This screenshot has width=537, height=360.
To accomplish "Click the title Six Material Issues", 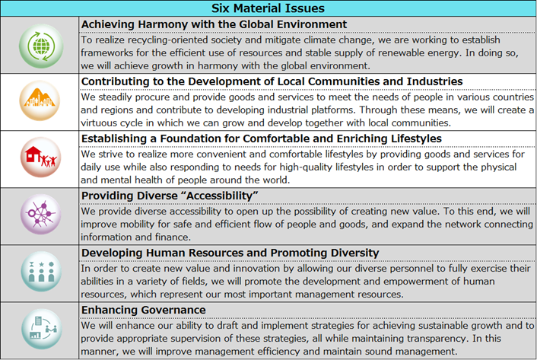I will click(268, 8).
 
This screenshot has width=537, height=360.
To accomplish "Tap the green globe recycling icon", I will click(40, 45).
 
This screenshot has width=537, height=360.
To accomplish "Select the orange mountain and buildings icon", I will click(40, 101).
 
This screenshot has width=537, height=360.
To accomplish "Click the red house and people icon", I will click(40, 158).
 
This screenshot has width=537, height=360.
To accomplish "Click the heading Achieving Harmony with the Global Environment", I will click(214, 24).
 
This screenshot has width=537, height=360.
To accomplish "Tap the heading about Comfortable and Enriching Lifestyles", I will click(261, 139).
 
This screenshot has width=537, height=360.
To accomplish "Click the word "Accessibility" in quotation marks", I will click(227, 196).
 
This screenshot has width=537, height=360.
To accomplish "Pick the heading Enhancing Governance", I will click(143, 310).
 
